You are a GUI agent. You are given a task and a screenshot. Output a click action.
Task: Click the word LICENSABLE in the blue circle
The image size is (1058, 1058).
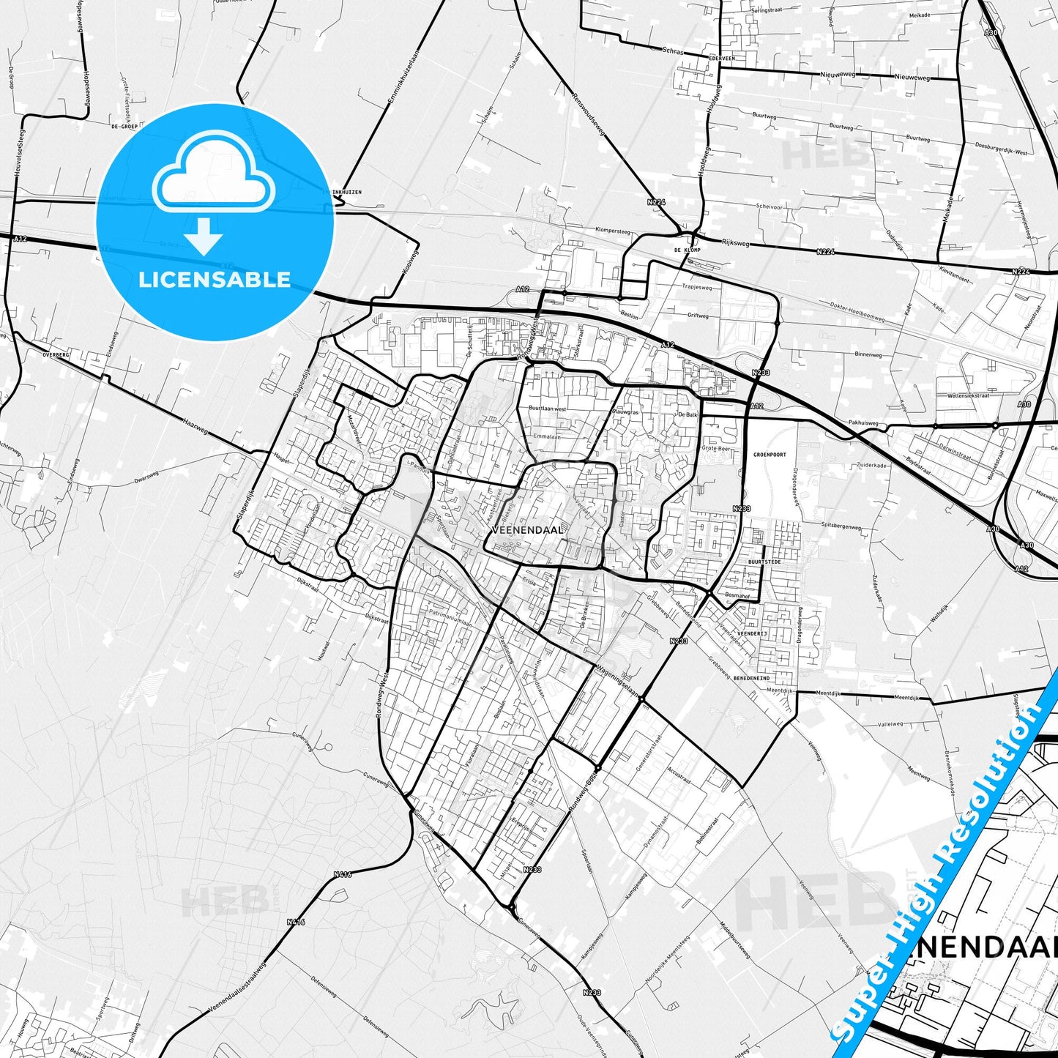[215, 279]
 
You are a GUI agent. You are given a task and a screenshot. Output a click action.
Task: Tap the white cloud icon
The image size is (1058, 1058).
[213, 174]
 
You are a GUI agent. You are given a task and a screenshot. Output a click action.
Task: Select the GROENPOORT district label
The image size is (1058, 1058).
[769, 455]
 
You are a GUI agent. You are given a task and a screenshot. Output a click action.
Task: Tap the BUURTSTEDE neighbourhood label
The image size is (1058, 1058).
[764, 562]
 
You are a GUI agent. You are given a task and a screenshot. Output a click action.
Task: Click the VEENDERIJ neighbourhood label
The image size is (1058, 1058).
[752, 633]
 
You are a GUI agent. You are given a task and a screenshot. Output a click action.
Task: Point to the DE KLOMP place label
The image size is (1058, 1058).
[687, 250]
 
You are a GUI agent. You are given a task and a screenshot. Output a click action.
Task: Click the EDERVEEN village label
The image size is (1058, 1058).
[722, 57]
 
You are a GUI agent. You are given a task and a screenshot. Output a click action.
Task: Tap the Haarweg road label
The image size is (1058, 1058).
[196, 427]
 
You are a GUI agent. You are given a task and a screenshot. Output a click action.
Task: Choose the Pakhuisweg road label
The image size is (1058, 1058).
[863, 422]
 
